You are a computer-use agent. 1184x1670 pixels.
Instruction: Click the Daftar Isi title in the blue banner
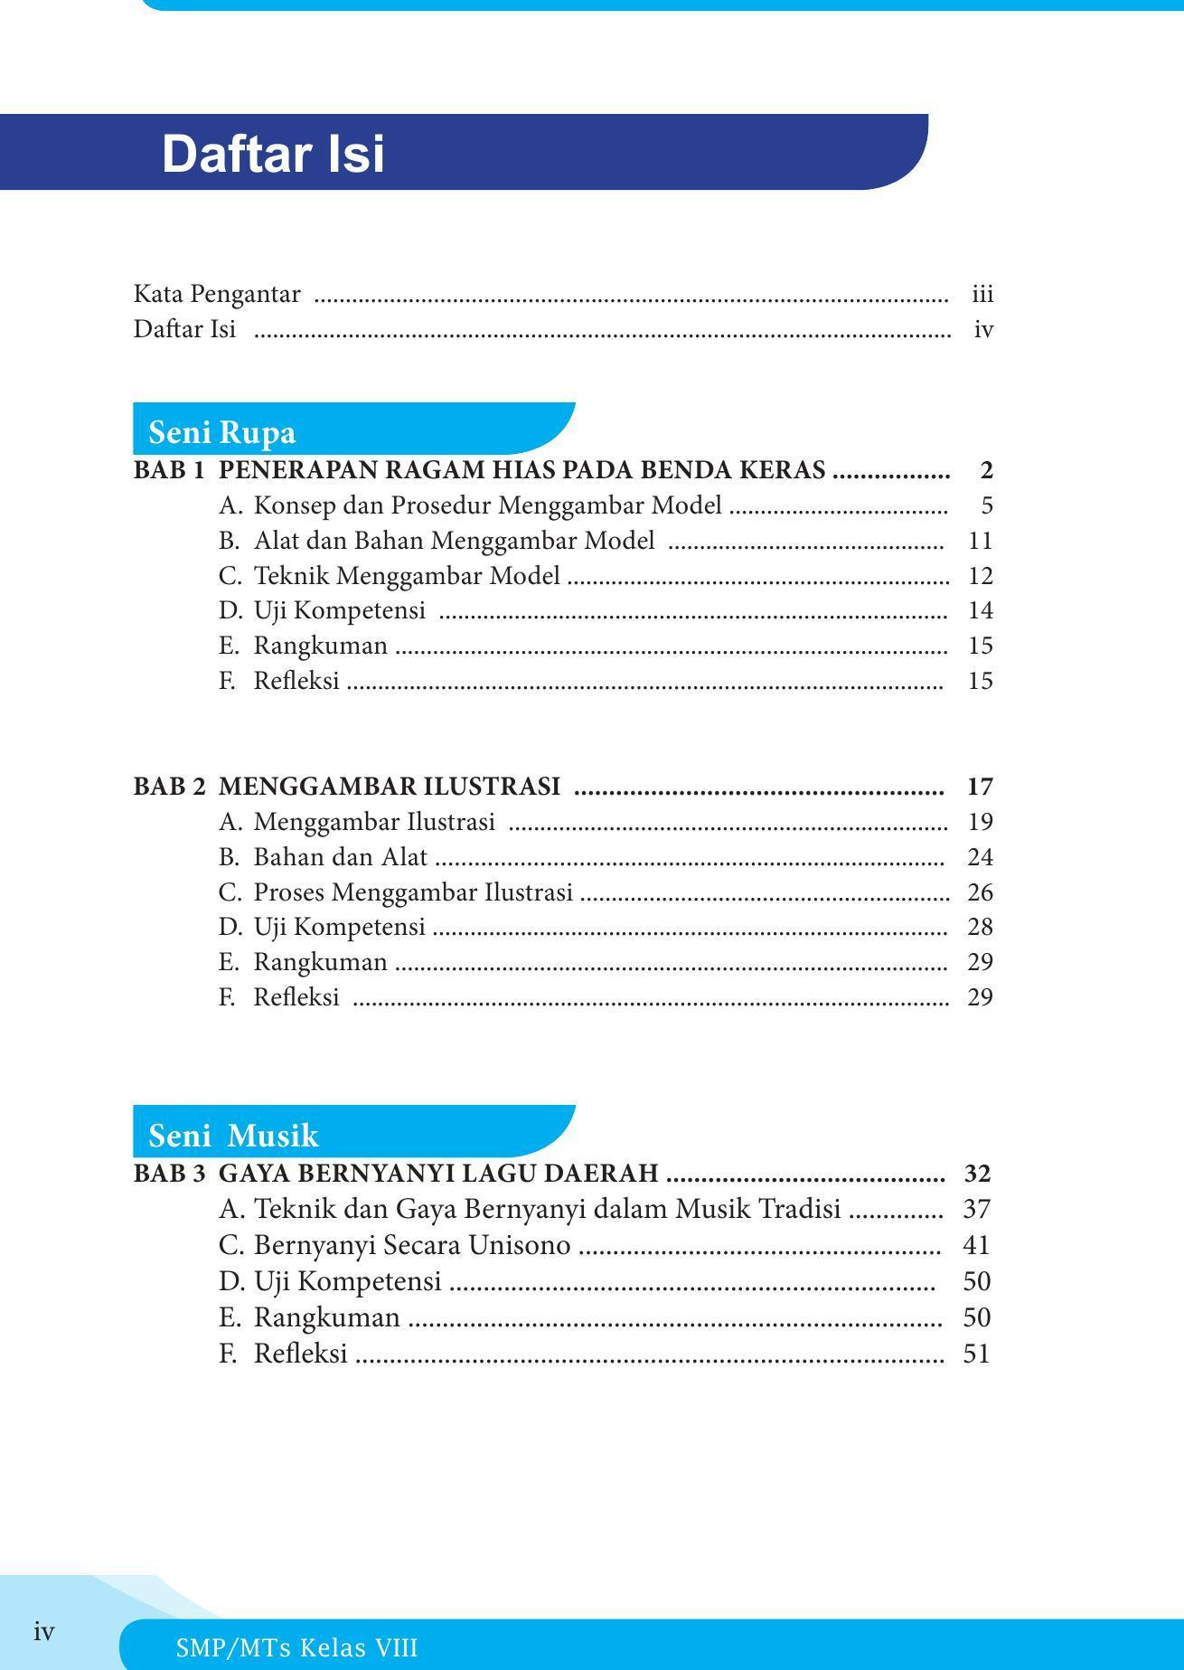click(x=273, y=154)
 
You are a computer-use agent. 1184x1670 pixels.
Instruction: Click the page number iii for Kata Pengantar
click(x=982, y=295)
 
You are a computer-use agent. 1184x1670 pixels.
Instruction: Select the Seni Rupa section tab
click(x=222, y=432)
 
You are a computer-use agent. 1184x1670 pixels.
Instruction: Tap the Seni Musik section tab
click(x=233, y=1135)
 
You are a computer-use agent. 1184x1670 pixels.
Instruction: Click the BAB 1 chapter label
click(x=169, y=470)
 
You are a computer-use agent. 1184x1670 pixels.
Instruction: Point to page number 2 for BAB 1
click(x=986, y=470)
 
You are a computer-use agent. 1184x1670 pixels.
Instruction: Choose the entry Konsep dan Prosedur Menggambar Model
click(x=487, y=505)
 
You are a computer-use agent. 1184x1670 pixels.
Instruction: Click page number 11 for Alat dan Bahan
click(x=980, y=541)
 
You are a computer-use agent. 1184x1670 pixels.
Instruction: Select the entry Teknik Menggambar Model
click(x=407, y=576)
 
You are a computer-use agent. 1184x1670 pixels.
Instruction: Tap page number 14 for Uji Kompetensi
click(x=980, y=610)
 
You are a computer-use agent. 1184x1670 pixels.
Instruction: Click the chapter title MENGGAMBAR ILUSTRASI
click(x=390, y=787)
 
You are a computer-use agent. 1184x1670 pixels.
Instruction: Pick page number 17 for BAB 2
click(x=980, y=787)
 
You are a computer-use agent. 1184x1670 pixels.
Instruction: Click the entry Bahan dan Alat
click(x=340, y=857)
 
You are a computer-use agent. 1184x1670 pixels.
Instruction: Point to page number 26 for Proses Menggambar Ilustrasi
click(x=980, y=892)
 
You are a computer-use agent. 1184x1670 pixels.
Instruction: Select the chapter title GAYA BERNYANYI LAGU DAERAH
click(x=438, y=1174)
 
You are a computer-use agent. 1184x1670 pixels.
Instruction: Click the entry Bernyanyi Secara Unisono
click(x=412, y=1246)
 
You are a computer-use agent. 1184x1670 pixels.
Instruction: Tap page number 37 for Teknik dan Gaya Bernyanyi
click(x=977, y=1209)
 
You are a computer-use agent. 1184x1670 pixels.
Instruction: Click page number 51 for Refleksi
click(x=977, y=1354)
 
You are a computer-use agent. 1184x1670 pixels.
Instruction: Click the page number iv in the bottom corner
click(x=44, y=1632)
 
